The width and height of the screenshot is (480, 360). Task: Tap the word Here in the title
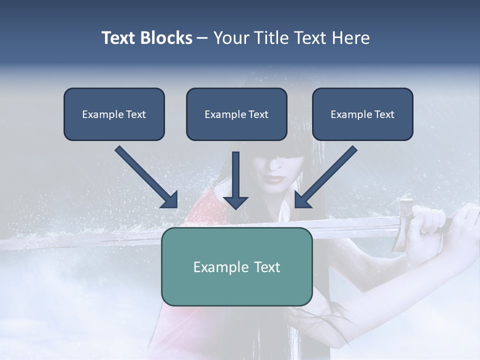(x=349, y=38)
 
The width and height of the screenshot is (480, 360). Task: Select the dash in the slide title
(x=202, y=38)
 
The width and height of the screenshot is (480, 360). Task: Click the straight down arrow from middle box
(x=235, y=175)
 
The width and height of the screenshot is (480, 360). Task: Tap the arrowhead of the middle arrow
(x=235, y=202)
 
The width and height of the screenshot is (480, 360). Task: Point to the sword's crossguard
(x=404, y=225)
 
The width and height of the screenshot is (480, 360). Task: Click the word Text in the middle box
(x=258, y=114)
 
